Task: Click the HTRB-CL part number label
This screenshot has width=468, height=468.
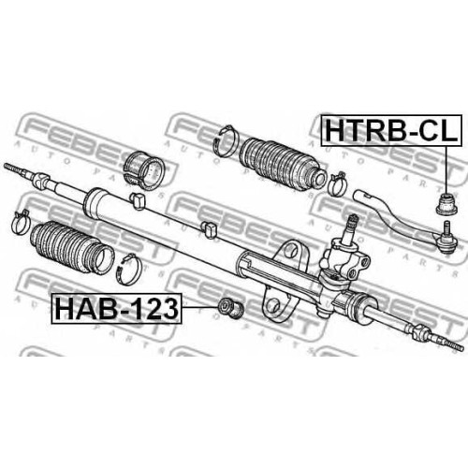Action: (391, 130)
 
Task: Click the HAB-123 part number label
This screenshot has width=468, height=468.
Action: (116, 309)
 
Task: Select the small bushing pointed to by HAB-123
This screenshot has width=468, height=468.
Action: (230, 308)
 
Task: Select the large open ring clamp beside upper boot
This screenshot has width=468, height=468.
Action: (226, 140)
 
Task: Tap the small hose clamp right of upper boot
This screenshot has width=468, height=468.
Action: (337, 183)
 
